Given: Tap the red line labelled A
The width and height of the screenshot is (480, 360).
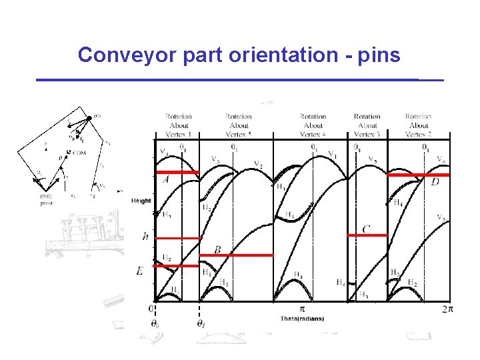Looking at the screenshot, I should (179, 173).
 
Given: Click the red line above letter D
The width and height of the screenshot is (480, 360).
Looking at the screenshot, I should (418, 175).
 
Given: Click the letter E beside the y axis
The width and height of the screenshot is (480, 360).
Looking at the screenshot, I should (139, 271).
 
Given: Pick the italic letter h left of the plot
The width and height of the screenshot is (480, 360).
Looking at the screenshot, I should (145, 236).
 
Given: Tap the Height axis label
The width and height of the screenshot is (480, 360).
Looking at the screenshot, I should (141, 201).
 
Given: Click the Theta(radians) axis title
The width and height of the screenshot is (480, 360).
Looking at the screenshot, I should (302, 319).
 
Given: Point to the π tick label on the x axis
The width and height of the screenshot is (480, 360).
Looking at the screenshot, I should (301, 309).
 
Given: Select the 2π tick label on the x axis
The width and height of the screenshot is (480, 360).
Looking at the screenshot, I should (447, 309).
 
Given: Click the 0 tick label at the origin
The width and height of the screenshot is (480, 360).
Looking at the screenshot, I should (151, 309).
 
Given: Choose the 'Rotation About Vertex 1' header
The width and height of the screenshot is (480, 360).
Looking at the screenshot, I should (179, 125).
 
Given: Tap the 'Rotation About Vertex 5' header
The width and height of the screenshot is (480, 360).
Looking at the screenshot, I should (239, 125).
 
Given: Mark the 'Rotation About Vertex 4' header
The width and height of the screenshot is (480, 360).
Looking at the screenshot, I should (313, 125).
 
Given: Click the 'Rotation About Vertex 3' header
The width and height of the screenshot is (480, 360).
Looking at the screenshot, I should (367, 125).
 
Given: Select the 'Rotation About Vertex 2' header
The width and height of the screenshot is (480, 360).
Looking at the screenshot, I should (418, 125).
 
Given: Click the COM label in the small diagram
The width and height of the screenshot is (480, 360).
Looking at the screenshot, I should (79, 153).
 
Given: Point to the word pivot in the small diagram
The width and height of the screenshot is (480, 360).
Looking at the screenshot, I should (46, 203).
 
